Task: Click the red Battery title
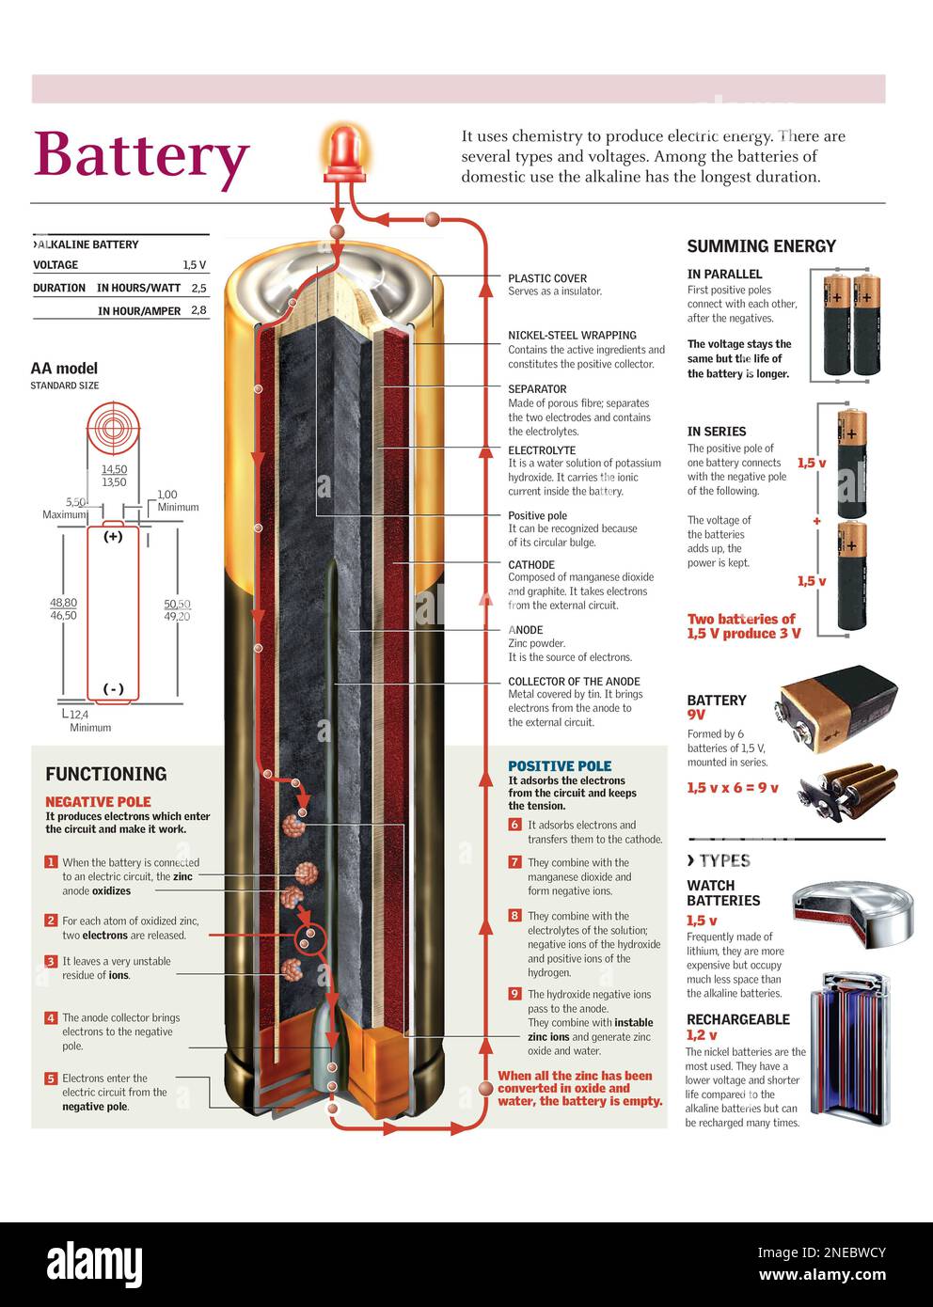pos(141,156)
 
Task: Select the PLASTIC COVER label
pos(547,279)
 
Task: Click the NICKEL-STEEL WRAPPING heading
pos(572,336)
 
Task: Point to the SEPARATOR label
pos(537,389)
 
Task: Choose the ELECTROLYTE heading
pos(542,450)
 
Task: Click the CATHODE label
pos(531,565)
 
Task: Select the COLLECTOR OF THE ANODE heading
pos(574,682)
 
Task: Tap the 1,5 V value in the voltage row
pos(195,265)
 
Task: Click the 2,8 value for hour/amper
pos(198,310)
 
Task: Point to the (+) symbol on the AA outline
pos(113,536)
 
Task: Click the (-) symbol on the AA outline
pos(113,688)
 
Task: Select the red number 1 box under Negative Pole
pos(52,862)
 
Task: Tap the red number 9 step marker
pos(514,993)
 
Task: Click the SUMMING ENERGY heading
pos(762,246)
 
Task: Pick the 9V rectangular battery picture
pos(838,709)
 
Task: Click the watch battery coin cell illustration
pos(852,915)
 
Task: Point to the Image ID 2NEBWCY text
pos(822,1252)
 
